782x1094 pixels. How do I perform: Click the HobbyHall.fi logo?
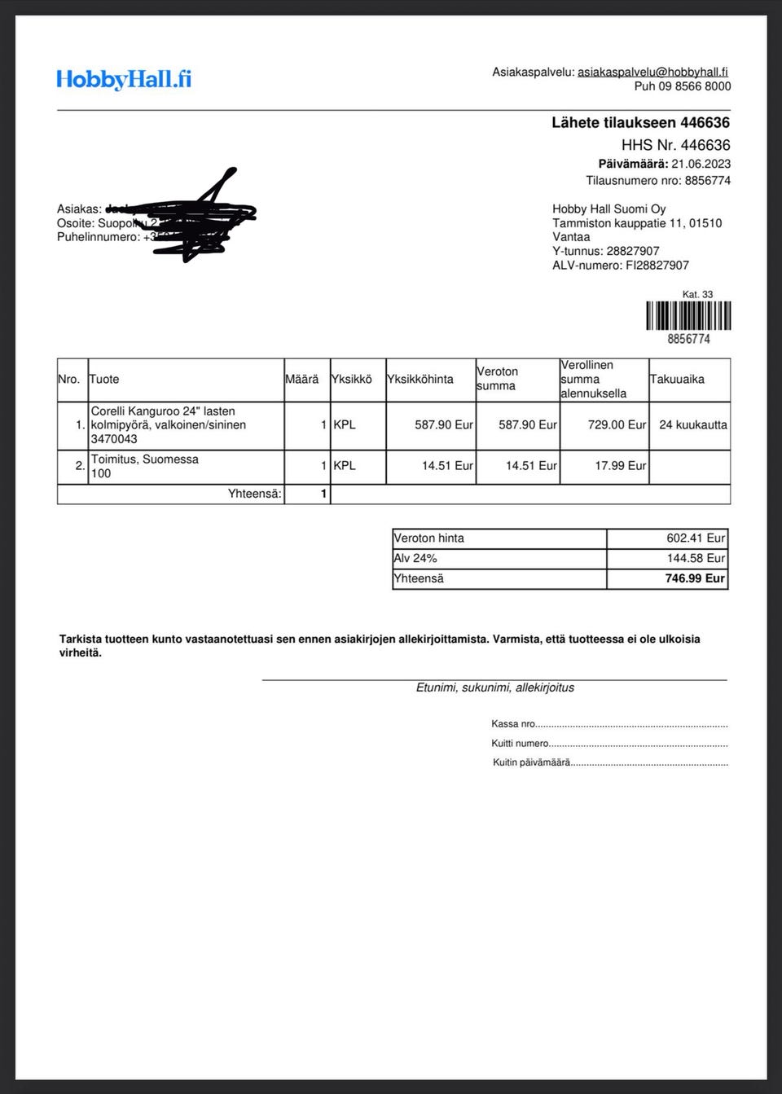(x=124, y=79)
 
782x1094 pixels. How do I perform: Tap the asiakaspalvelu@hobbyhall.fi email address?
(x=652, y=72)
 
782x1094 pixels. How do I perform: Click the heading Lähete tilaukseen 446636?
(x=640, y=122)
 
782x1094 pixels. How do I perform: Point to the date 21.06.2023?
(x=701, y=164)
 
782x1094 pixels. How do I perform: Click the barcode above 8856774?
(x=688, y=315)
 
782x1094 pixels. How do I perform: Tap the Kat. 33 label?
(x=697, y=295)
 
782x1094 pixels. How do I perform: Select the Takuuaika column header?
(x=677, y=379)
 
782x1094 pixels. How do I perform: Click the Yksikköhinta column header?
(x=420, y=379)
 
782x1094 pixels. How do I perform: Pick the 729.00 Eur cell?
(x=617, y=424)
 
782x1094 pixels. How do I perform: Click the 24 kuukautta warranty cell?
(x=692, y=424)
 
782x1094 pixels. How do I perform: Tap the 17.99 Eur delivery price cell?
(x=620, y=466)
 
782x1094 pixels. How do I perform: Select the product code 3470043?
(x=114, y=439)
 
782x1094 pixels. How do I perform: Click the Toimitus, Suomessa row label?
(x=145, y=459)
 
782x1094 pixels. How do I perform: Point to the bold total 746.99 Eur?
(x=694, y=578)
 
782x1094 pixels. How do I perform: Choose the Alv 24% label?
(x=415, y=558)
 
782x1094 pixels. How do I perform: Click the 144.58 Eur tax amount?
(x=695, y=558)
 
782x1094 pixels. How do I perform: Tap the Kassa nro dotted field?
(x=631, y=724)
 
